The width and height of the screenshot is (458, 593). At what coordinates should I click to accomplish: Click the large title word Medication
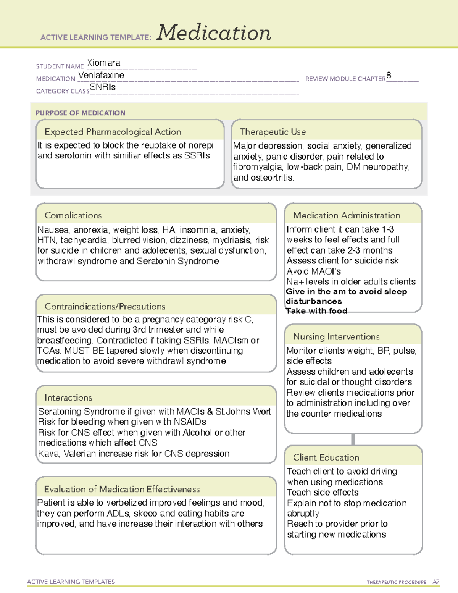[x=214, y=33]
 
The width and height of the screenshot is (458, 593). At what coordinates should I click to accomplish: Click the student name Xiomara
[x=103, y=63]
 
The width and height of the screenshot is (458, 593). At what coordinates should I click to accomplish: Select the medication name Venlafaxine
[x=101, y=75]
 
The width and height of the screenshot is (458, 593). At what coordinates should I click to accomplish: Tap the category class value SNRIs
[x=103, y=87]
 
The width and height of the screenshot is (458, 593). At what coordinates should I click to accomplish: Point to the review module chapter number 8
[x=389, y=75]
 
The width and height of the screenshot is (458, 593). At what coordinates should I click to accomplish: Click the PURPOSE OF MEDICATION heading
[x=80, y=113]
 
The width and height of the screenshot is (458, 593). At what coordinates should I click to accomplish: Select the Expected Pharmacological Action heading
[x=113, y=132]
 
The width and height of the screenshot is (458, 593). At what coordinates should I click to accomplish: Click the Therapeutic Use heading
[x=273, y=132]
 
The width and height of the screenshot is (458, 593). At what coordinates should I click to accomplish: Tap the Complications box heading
[x=73, y=216]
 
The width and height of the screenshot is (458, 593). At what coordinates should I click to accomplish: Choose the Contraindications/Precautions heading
[x=105, y=307]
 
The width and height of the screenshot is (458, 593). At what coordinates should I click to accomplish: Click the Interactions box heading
[x=68, y=398]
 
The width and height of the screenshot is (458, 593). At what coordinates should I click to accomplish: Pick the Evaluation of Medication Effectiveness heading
[x=122, y=490]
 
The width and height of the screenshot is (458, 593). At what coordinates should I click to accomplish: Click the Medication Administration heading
[x=346, y=216]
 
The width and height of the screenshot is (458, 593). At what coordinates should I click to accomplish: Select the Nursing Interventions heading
[x=336, y=337]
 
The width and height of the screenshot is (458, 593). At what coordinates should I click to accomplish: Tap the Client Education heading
[x=326, y=457]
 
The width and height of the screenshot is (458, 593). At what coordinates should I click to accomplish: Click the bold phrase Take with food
[x=316, y=311]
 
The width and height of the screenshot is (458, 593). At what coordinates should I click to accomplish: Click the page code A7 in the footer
[x=436, y=582]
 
